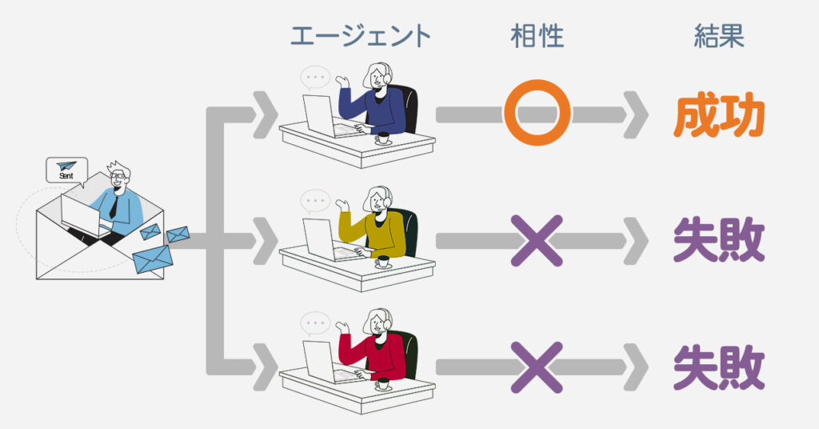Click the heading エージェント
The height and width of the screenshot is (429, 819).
pos(360,36)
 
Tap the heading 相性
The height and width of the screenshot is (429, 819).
pos(537,36)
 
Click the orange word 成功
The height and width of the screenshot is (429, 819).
pos(718,117)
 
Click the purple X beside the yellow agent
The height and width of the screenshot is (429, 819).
pos(537,239)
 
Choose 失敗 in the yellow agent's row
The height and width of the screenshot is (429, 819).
pos(718,241)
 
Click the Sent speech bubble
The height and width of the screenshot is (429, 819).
pos(66,170)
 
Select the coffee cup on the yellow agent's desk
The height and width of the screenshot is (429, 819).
pos(383,261)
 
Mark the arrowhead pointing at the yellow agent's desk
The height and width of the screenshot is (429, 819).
pos(265,239)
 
